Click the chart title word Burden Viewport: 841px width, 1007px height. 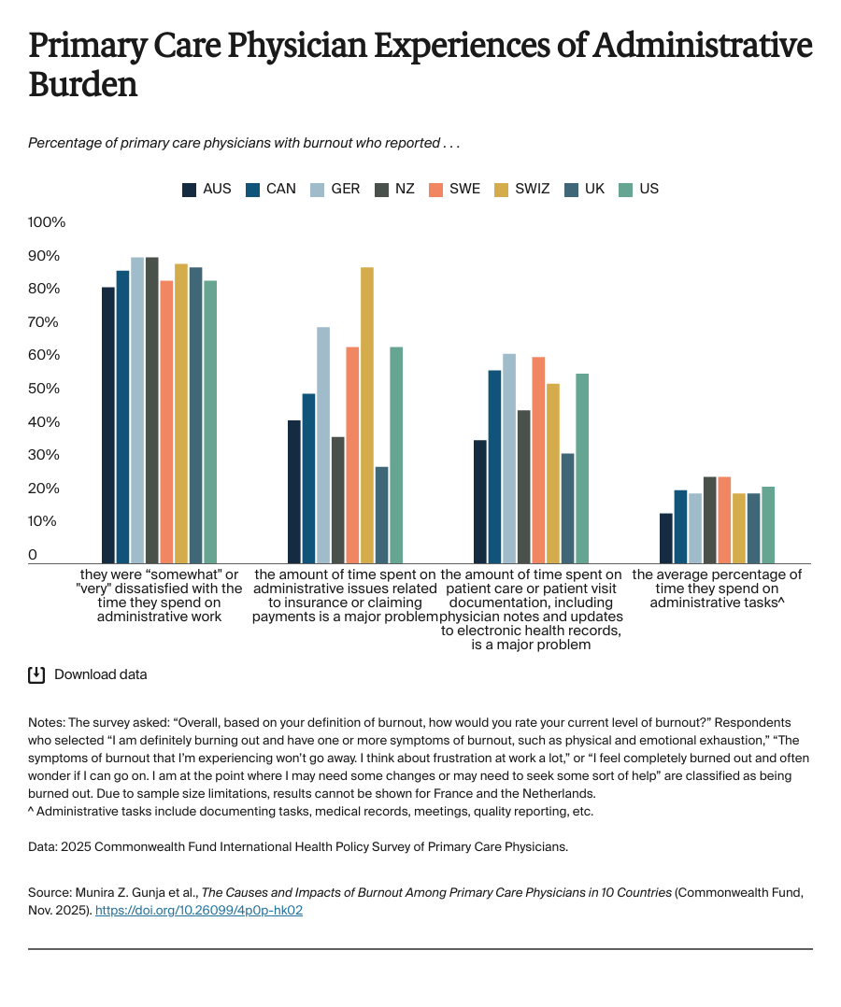(83, 85)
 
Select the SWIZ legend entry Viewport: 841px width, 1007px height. (523, 189)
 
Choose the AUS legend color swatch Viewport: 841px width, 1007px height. (189, 189)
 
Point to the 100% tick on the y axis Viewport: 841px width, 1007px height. (47, 222)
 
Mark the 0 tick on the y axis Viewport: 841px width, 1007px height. (33, 555)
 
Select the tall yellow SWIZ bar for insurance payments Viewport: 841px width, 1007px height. (367, 415)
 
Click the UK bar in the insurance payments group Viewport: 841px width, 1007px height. (381, 515)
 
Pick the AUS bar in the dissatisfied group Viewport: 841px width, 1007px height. (108, 425)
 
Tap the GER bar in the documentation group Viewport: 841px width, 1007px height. (509, 458)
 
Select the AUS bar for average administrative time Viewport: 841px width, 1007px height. (665, 538)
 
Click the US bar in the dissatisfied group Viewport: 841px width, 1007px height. (210, 421)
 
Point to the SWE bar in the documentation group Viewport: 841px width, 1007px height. (538, 460)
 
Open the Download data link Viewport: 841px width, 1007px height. (100, 674)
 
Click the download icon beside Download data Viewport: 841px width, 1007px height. (36, 674)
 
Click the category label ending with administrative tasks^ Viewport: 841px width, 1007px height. (717, 589)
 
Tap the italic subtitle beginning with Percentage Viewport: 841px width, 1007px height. (244, 143)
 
